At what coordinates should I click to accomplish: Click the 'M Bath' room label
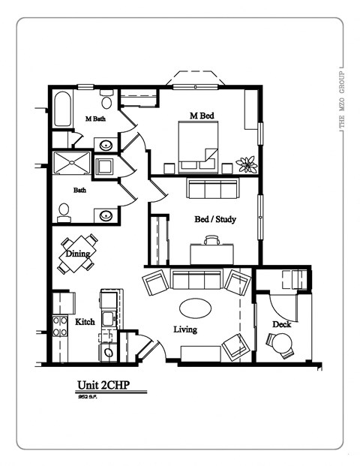tap(94, 119)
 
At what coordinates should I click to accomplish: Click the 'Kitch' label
tap(85, 321)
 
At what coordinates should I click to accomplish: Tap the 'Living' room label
tap(185, 329)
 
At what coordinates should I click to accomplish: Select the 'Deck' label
tap(281, 324)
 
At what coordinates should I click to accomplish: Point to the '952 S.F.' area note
tap(88, 398)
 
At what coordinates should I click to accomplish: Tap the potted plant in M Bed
tap(245, 163)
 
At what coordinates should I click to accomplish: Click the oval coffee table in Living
tap(195, 308)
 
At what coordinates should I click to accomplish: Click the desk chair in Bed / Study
tap(212, 241)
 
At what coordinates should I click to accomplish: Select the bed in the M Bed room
tap(198, 141)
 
